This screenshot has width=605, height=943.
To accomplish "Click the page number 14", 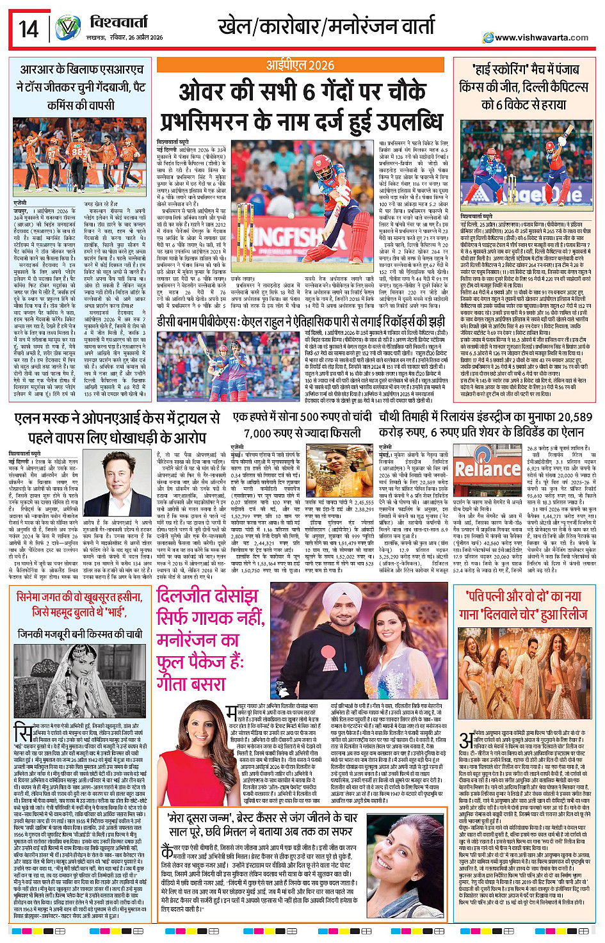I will click(x=28, y=29).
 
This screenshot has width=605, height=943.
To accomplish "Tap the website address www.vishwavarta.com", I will click(x=542, y=37).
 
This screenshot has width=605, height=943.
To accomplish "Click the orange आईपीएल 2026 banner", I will click(x=301, y=65).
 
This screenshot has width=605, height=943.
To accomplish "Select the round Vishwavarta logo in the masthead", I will click(x=67, y=28).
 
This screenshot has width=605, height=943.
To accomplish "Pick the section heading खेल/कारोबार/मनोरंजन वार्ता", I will click(x=327, y=27).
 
